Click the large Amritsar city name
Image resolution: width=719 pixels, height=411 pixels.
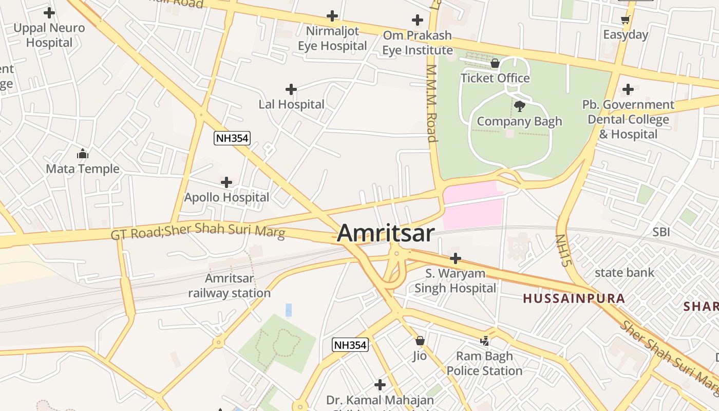pyautogui.click(x=386, y=233)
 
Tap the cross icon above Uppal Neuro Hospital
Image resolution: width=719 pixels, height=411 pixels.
pyautogui.click(x=49, y=12)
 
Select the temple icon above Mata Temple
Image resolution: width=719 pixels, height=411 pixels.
pyautogui.click(x=83, y=154)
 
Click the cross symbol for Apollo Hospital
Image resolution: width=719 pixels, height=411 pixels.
pyautogui.click(x=226, y=182)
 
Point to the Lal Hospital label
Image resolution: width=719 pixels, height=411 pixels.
pyautogui.click(x=291, y=104)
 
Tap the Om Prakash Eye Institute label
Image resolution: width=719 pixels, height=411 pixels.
pyautogui.click(x=417, y=43)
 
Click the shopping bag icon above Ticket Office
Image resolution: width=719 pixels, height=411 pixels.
pyautogui.click(x=495, y=63)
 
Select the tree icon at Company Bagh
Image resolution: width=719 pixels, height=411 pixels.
pyautogui.click(x=519, y=106)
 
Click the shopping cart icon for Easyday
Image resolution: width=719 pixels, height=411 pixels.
pyautogui.click(x=625, y=20)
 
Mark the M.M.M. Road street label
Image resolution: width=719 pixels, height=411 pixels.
pyautogui.click(x=431, y=103)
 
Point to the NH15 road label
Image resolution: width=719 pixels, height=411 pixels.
pyautogui.click(x=563, y=250)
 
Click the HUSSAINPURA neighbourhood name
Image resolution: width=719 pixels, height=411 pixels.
pyautogui.click(x=574, y=298)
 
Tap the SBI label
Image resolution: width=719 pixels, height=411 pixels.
pyautogui.click(x=661, y=232)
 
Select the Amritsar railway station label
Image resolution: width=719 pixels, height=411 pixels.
pyautogui.click(x=229, y=286)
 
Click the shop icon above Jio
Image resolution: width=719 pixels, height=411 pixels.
pyautogui.click(x=420, y=341)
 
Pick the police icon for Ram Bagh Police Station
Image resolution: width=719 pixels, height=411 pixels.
pyautogui.click(x=484, y=341)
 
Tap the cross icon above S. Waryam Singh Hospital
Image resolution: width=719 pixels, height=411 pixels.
pyautogui.click(x=455, y=258)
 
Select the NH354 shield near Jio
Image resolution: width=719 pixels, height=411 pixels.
pyautogui.click(x=350, y=345)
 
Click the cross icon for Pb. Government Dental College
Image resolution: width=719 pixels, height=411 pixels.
pyautogui.click(x=628, y=89)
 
